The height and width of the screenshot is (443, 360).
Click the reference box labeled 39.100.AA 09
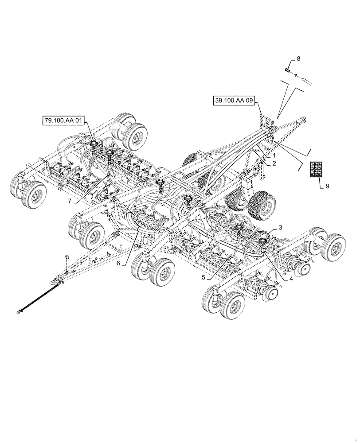(234, 101)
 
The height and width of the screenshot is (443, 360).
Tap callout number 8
(298, 58)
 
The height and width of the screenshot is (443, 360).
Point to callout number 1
(274, 156)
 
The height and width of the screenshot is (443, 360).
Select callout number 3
(281, 227)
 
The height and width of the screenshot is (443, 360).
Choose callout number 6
(118, 263)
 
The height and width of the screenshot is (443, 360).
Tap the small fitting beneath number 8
(287, 70)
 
